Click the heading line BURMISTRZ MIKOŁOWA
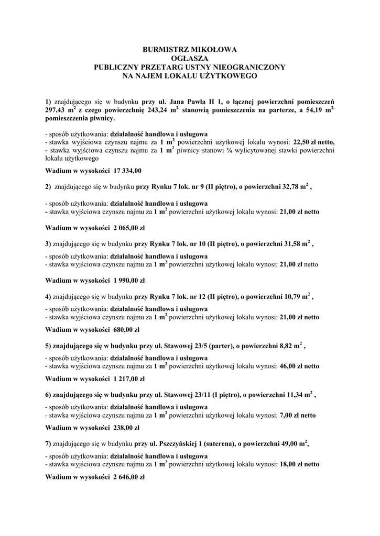tap(190, 50)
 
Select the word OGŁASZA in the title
tap(190, 59)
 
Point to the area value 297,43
tap(58, 111)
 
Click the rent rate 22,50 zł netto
tap(309, 142)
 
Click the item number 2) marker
tap(48, 186)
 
